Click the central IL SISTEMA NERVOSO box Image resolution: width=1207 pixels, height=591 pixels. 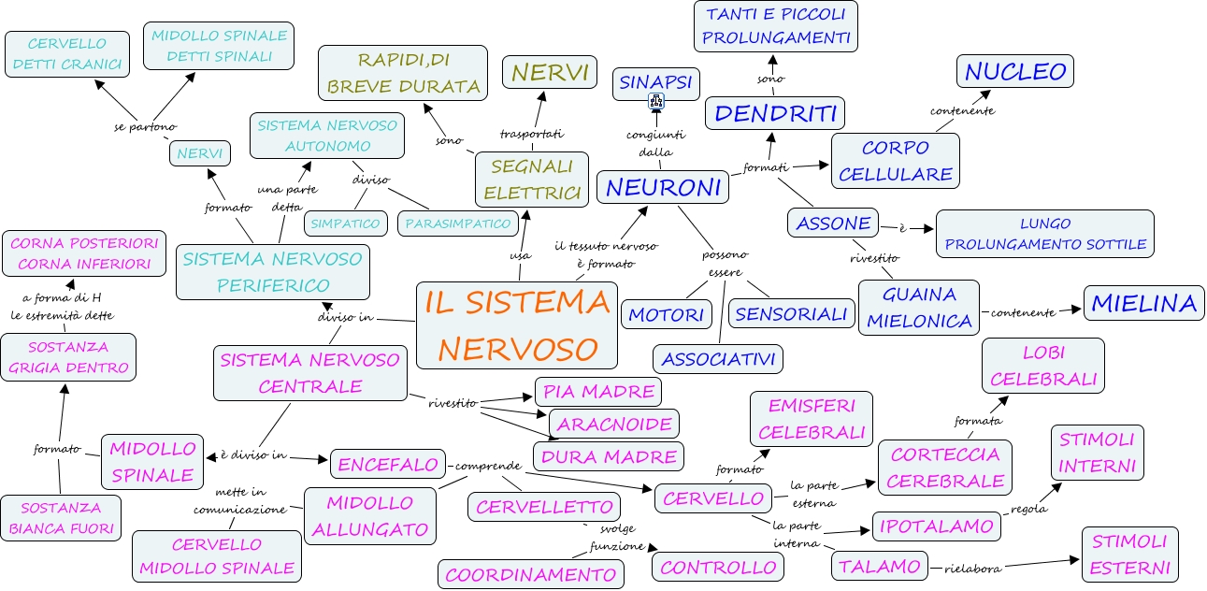[517, 324]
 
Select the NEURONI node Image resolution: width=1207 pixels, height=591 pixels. [664, 187]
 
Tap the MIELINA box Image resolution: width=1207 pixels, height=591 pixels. [1143, 303]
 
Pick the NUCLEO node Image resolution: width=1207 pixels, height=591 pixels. [1014, 72]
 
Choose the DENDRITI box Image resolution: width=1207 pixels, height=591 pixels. [775, 113]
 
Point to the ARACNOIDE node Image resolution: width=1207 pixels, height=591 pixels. [613, 424]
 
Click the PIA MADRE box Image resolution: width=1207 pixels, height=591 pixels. [597, 391]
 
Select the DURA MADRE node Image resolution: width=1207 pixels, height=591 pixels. [608, 456]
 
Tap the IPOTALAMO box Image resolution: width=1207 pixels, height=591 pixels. [936, 526]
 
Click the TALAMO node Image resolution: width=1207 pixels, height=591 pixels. [879, 566]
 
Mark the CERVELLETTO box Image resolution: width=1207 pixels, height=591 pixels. [543, 507]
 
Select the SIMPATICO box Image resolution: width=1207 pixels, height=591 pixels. [346, 223]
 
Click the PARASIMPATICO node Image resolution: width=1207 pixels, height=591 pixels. [458, 223]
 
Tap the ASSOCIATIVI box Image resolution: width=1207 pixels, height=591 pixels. [718, 358]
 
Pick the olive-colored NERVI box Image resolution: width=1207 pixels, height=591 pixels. [549, 72]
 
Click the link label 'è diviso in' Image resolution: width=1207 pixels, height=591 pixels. [253, 454]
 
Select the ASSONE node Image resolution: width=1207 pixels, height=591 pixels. [833, 223]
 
